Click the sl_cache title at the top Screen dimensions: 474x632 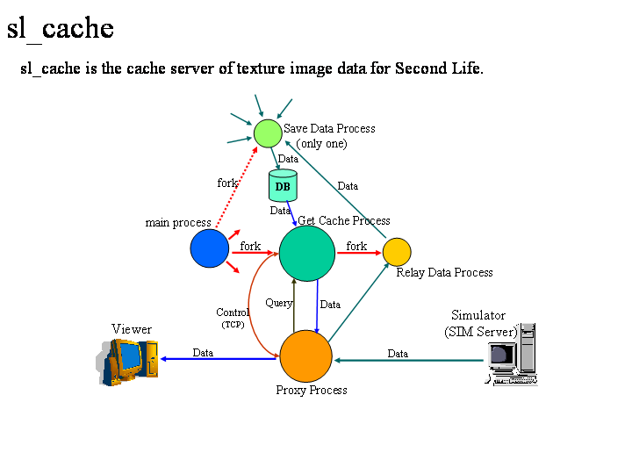[x=61, y=28]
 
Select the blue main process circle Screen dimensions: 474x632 [x=209, y=248]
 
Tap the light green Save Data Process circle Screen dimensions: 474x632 [x=268, y=133]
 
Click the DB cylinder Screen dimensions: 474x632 [x=283, y=186]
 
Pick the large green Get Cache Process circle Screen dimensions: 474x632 [x=307, y=253]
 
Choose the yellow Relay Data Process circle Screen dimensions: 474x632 [x=397, y=251]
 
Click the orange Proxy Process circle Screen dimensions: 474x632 [x=305, y=357]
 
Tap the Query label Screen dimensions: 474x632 [x=278, y=303]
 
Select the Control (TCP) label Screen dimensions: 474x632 [x=233, y=318]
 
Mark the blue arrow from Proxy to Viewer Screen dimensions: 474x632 [x=219, y=358]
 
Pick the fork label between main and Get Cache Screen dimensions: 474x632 [x=250, y=247]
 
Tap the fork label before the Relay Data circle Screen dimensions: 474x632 [x=356, y=246]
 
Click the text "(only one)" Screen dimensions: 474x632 [x=321, y=143]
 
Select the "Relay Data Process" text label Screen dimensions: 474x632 [x=444, y=272]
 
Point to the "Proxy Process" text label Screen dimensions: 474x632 [x=312, y=390]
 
